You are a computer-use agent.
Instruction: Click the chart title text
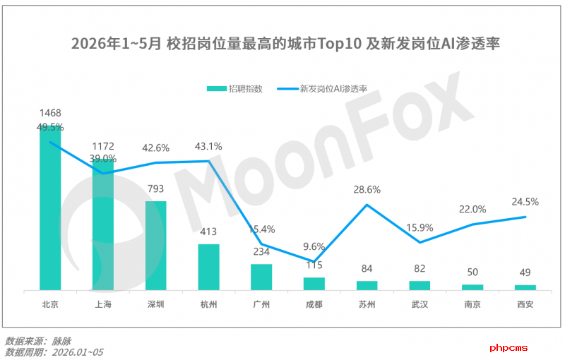285,44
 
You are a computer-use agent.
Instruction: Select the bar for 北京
50,208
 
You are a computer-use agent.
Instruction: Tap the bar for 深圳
155,246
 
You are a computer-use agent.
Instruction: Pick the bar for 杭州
208,267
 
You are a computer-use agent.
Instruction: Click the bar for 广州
261,277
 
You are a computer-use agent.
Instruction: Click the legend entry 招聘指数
234,88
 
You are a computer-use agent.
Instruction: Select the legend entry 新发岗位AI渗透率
322,88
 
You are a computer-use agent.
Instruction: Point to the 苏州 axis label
367,304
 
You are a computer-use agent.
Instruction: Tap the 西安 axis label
525,304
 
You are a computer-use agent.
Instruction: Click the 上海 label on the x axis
103,304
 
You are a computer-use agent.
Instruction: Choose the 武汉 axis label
420,304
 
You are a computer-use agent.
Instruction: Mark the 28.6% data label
367,190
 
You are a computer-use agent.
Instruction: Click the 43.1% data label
208,147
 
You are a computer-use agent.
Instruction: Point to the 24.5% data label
525,202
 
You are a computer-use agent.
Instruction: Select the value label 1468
50,113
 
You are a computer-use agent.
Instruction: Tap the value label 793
155,188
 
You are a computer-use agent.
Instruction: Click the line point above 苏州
367,205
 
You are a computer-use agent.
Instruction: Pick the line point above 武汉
420,242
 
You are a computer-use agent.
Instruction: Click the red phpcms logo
509,348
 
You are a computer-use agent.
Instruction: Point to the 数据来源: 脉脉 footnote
38,341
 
